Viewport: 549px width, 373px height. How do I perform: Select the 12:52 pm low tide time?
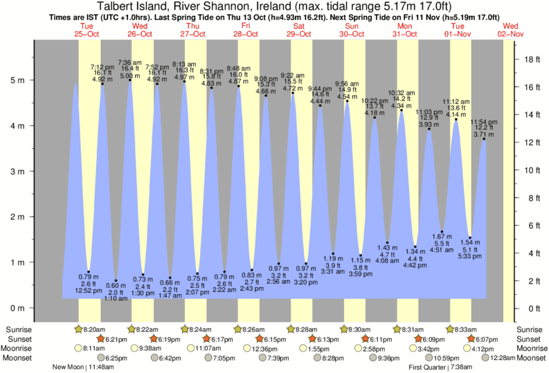[x=88, y=291]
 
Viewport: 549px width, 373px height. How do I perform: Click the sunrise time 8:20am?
[x=92, y=329]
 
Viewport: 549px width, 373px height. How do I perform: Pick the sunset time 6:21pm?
[x=118, y=339]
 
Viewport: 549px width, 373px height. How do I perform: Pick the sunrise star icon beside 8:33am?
[x=451, y=329]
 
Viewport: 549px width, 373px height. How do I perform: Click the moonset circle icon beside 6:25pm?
[x=101, y=358]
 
